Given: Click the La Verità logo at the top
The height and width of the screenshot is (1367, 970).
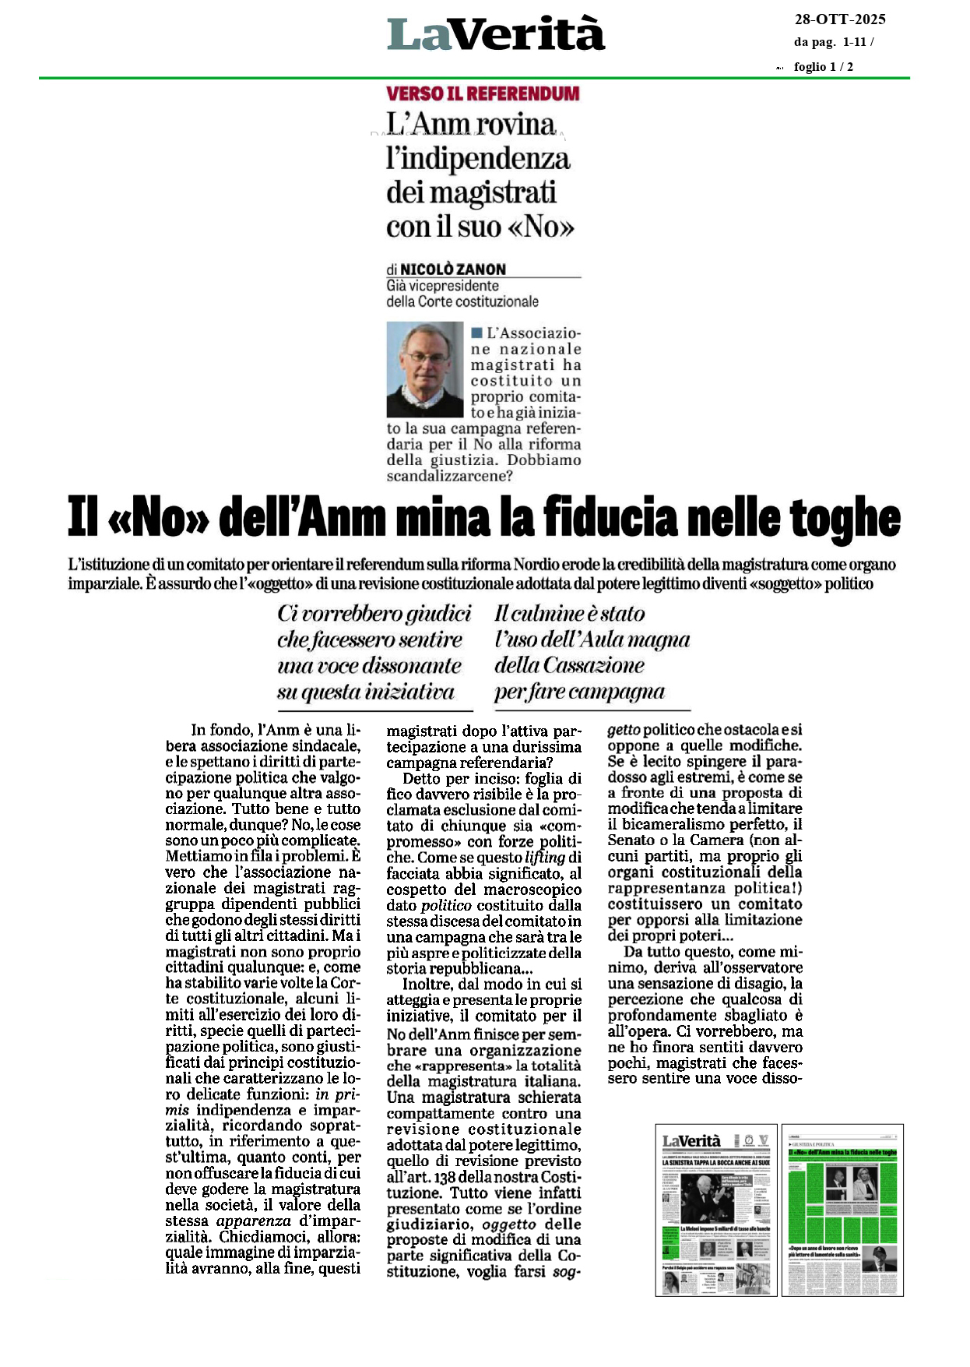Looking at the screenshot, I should coord(496,34).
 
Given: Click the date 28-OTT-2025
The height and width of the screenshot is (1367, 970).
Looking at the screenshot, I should coord(839,19).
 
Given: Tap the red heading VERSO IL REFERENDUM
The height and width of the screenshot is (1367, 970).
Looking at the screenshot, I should coord(483,93).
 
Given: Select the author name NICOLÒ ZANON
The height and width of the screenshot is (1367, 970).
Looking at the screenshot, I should coord(453,270).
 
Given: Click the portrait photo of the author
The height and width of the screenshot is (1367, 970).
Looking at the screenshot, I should coord(425,369).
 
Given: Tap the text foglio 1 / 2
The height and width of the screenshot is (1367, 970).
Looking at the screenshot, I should coord(823,67).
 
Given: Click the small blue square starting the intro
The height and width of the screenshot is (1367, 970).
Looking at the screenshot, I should coord(476,333).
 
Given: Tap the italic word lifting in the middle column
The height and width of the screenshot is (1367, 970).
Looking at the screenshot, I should coord(544,858).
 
